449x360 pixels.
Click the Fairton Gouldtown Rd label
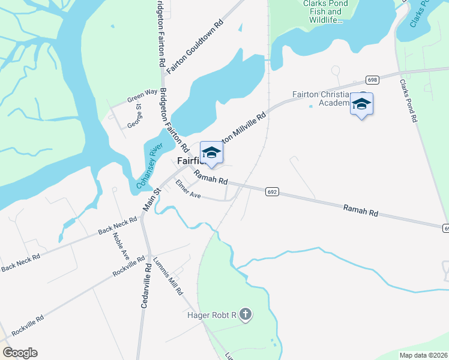195,45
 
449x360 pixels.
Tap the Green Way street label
142,95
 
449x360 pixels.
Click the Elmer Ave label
187,190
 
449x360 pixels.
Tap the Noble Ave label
121,246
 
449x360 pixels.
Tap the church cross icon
245,314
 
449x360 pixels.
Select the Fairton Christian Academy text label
321,98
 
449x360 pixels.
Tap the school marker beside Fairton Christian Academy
361,104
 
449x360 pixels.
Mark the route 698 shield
373,80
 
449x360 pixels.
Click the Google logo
20,353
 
